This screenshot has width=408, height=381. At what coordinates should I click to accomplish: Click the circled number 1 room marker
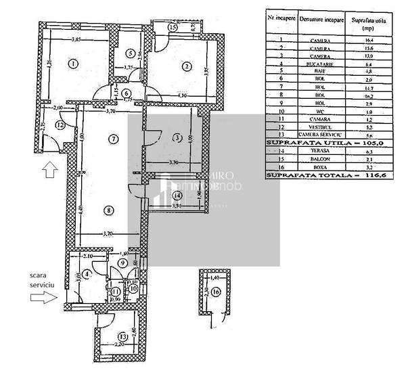point(73,65)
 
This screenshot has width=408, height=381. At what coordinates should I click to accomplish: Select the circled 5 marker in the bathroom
point(130,54)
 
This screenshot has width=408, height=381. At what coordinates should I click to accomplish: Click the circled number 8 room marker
point(108,210)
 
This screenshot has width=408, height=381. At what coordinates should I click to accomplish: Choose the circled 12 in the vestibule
point(60,125)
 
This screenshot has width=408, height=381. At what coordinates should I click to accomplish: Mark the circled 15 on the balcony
point(173,28)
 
